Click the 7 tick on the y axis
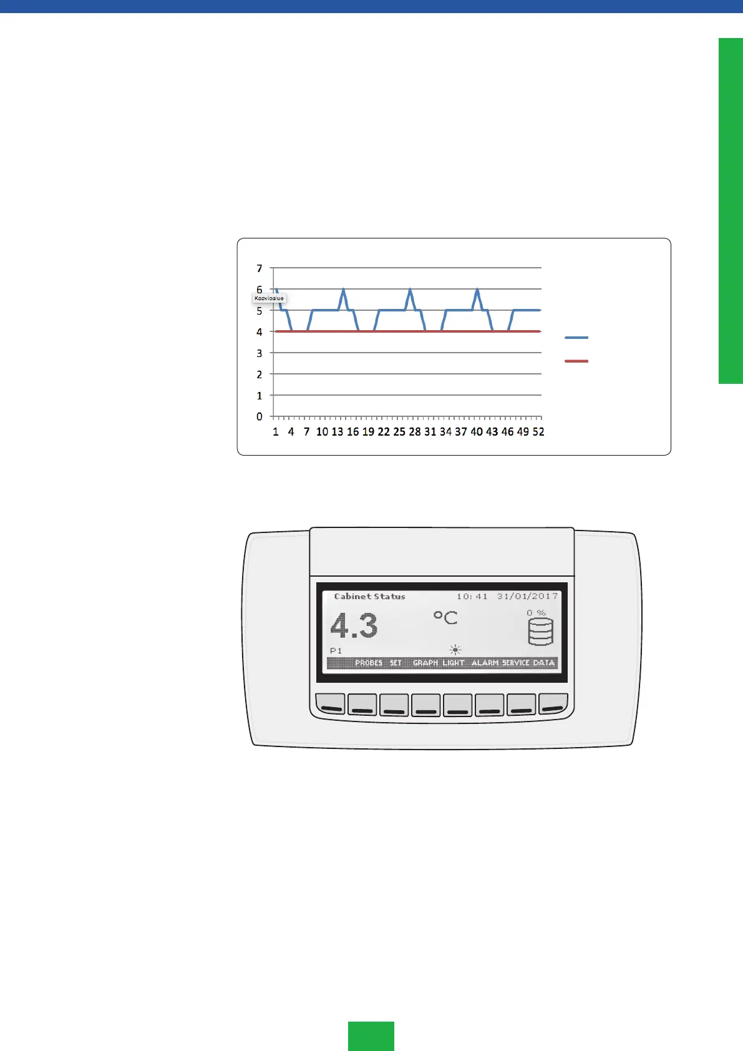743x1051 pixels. (260, 268)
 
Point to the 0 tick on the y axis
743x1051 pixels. (260, 417)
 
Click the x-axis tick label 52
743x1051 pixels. (538, 432)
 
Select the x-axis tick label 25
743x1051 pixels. (399, 432)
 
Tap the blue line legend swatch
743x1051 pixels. (576, 338)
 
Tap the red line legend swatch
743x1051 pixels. (576, 361)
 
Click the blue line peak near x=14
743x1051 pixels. (344, 290)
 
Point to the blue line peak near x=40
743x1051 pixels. (477, 290)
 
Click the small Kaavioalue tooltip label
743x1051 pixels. (269, 298)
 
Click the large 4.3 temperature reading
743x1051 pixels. (354, 625)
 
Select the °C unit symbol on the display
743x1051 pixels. (445, 618)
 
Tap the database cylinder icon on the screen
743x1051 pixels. (540, 632)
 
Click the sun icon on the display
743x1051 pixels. (455, 650)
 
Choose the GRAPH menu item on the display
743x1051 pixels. (425, 663)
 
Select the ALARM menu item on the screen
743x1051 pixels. (485, 663)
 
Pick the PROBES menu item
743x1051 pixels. (368, 663)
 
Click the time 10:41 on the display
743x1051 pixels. (472, 597)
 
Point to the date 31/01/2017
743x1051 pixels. (527, 597)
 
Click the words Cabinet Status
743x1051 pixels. (369, 597)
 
